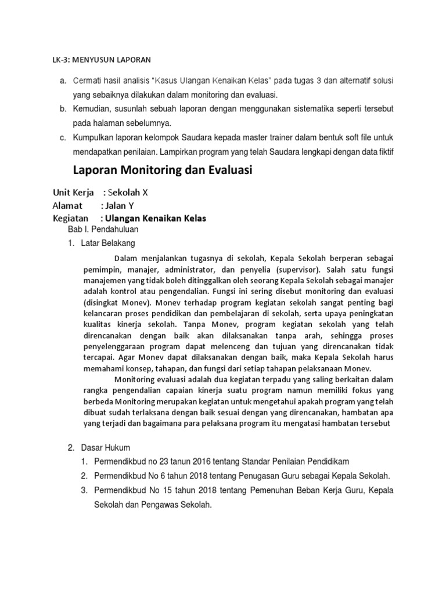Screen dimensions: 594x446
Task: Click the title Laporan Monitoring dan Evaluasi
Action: click(163, 171)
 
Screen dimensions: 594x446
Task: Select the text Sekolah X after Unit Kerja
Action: click(132, 193)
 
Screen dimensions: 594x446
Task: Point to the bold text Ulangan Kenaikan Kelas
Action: click(156, 218)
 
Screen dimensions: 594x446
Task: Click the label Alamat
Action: click(68, 205)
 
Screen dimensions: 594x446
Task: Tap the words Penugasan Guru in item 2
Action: click(259, 476)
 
